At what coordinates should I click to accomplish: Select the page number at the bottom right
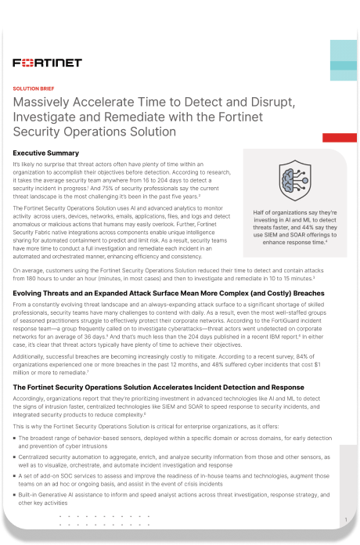[x=345, y=518]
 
